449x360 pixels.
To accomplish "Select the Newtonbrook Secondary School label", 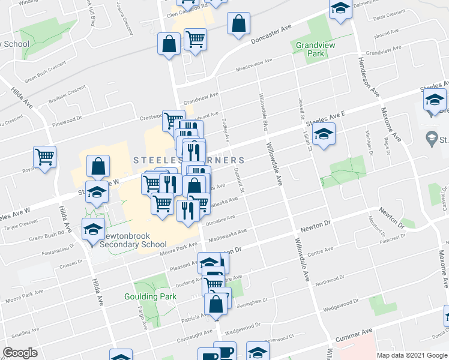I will [x=133, y=240].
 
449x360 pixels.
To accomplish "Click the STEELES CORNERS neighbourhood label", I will [x=188, y=160].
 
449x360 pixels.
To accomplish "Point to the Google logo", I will [x=20, y=353].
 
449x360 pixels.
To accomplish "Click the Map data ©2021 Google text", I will [x=411, y=355].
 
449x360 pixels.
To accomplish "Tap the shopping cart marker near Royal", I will [x=44, y=157].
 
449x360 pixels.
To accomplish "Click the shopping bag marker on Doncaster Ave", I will [x=238, y=24].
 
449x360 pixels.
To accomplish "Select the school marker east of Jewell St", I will [x=324, y=134].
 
